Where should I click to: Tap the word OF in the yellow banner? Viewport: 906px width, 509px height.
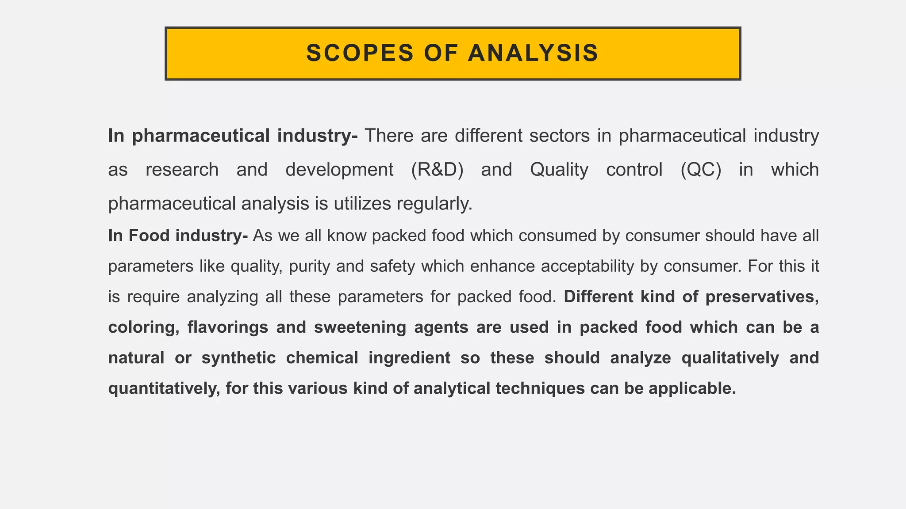point(441,53)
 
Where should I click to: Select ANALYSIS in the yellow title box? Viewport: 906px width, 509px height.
point(533,53)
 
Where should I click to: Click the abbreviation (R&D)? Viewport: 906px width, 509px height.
point(437,170)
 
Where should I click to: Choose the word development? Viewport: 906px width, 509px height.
point(339,170)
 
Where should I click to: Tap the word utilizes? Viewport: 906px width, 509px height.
point(362,204)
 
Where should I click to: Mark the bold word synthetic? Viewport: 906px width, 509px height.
point(239,358)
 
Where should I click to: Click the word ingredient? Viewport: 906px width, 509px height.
point(409,358)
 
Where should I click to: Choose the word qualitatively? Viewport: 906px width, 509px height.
point(730,358)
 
